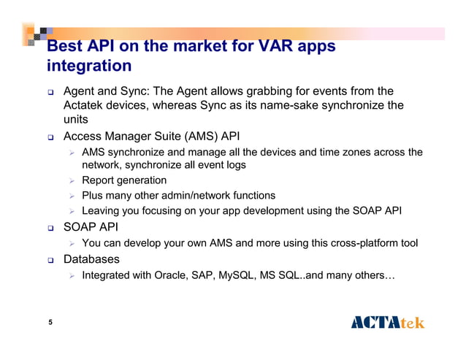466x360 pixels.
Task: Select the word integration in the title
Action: point(88,66)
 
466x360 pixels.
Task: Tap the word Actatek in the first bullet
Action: point(86,105)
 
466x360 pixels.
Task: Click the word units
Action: point(76,119)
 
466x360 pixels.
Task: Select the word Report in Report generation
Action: point(99,180)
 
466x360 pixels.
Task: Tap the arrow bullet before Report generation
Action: point(71,180)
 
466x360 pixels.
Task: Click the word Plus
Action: point(93,196)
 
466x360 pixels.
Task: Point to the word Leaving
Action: point(102,211)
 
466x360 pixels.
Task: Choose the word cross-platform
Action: point(356,242)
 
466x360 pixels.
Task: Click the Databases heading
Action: point(92,258)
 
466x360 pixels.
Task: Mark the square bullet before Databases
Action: point(49,259)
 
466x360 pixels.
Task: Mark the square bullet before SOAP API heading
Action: point(49,228)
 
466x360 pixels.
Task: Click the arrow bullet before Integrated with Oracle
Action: point(71,275)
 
